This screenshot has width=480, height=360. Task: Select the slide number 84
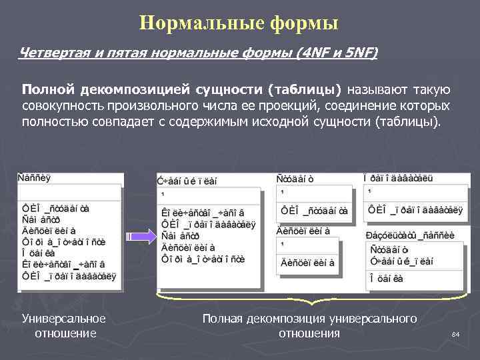coord(456,333)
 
